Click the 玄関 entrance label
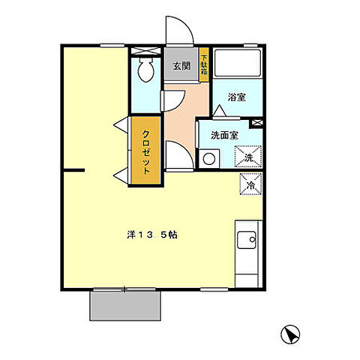click(x=181, y=66)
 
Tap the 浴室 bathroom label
click(x=237, y=96)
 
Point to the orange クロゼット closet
click(x=146, y=148)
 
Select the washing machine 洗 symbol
click(x=249, y=157)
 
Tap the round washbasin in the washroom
click(x=208, y=158)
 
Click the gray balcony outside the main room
click(x=125, y=304)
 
